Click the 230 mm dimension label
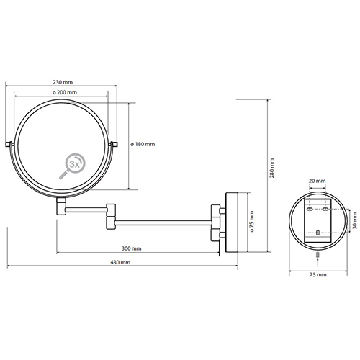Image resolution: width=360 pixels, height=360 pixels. [x=63, y=82]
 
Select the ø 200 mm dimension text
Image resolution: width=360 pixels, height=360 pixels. [x=65, y=92]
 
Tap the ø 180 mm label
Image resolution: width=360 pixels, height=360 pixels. [x=143, y=144]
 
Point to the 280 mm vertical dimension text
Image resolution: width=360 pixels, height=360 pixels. [x=272, y=168]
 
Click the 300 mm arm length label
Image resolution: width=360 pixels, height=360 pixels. [x=131, y=248]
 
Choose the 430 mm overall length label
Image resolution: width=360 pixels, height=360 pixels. [x=120, y=262]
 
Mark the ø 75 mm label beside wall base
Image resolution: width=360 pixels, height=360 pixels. [x=252, y=222]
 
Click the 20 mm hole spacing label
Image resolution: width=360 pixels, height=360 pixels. [x=317, y=181]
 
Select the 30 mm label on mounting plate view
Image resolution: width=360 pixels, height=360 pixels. [x=355, y=221]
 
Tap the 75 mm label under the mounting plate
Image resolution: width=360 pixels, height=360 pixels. [x=318, y=274]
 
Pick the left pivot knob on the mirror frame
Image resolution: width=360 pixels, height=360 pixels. [x=9, y=144]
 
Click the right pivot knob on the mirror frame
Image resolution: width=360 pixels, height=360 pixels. [x=113, y=144]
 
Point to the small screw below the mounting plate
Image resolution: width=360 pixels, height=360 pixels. [x=318, y=255]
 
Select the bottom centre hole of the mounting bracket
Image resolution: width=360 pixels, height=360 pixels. [x=318, y=233]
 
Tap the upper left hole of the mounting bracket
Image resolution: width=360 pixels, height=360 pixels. [x=310, y=209]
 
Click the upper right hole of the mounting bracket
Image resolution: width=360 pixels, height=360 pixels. [x=325, y=209]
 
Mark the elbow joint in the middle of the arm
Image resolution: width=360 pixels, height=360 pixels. [x=111, y=217]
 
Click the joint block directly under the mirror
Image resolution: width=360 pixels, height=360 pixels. [x=61, y=206]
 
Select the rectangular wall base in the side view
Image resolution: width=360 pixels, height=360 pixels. [x=231, y=222]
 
